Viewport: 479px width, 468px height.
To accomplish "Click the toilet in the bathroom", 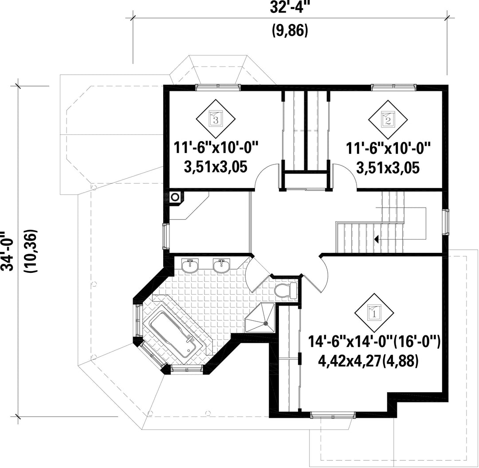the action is coord(286,290).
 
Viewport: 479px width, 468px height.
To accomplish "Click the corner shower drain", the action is coord(266,322).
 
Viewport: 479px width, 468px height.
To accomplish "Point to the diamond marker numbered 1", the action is coord(374,313).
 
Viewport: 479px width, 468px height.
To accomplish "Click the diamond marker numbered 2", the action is coord(388,119).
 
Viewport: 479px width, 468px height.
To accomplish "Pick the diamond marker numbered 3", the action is coord(216,118).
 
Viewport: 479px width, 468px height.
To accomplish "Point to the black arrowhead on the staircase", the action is coord(377,239).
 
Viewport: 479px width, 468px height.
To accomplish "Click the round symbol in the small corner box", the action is coord(175,197).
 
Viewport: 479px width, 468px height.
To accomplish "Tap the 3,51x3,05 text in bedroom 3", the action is coord(216,167).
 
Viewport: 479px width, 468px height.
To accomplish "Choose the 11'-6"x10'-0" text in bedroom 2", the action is coord(388,148).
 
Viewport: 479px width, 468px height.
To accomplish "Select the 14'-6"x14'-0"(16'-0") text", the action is coord(374,341).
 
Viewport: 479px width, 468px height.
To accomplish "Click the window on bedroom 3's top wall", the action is coord(218,87).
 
